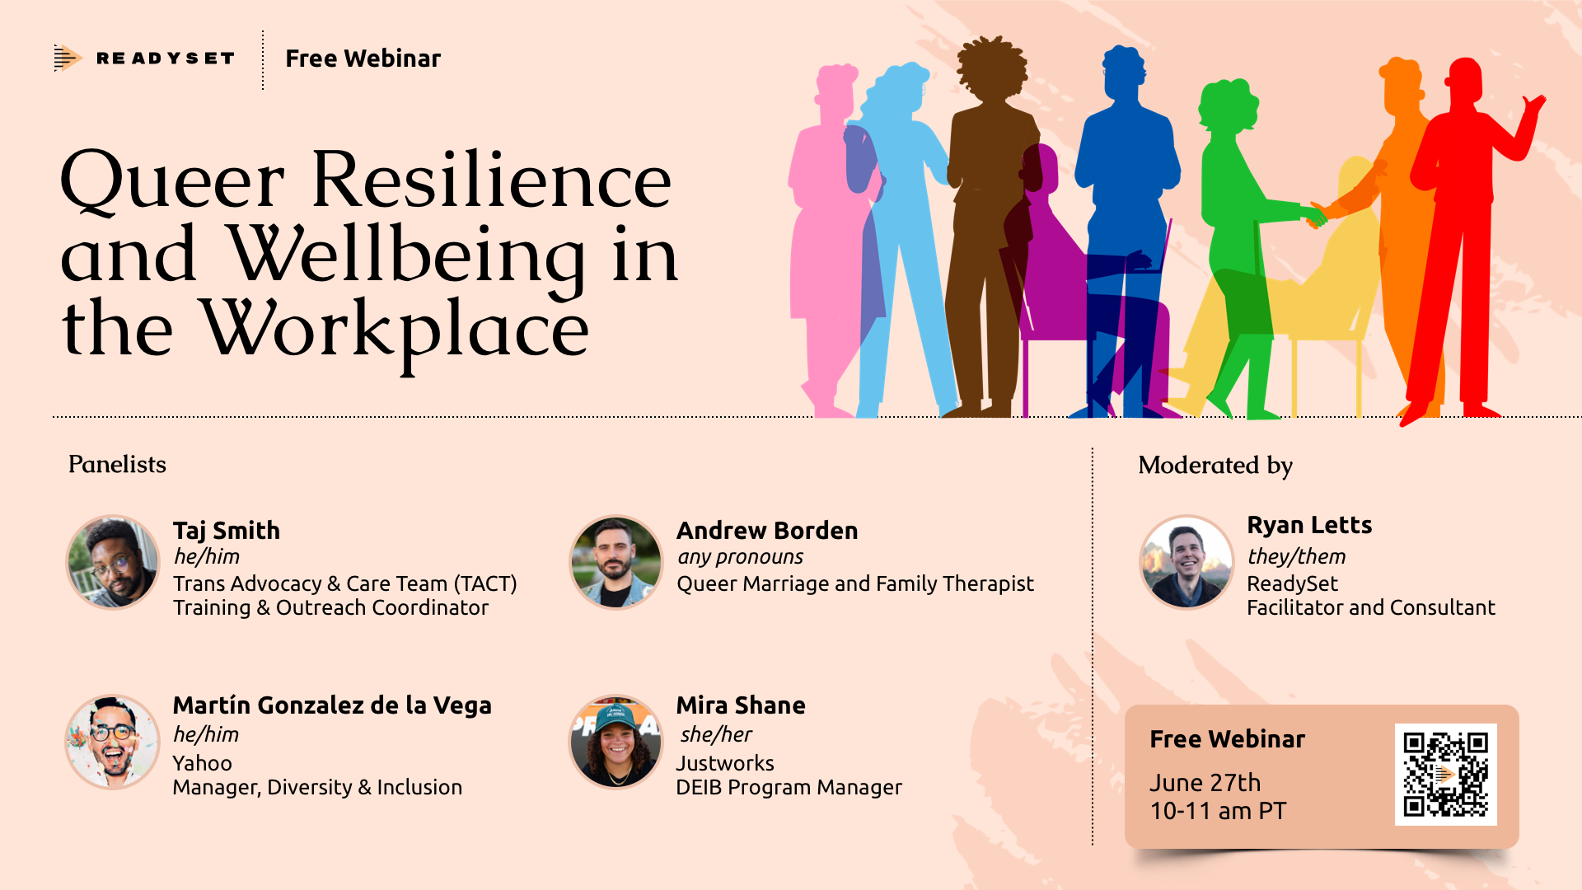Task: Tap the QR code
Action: click(1445, 774)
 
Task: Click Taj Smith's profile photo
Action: click(113, 563)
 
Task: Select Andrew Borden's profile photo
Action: click(615, 563)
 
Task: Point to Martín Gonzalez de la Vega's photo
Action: click(113, 742)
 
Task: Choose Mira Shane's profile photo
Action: click(615, 742)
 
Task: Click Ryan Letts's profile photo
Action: click(1186, 563)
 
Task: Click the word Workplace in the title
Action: click(395, 330)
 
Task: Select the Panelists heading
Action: click(117, 465)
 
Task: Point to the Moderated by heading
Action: click(1215, 466)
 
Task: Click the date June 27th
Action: click(1205, 782)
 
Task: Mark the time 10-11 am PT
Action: click(1217, 811)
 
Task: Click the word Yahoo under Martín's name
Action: click(202, 763)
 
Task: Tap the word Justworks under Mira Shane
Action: click(725, 763)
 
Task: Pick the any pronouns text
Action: click(740, 557)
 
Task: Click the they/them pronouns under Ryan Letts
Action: click(1296, 556)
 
